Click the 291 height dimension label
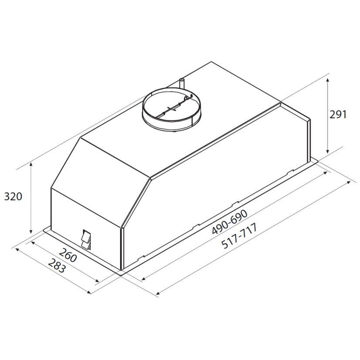338,114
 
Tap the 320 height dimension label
14,197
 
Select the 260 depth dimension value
68,255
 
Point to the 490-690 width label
230,222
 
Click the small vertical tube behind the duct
182,83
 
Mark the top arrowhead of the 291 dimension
328,80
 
